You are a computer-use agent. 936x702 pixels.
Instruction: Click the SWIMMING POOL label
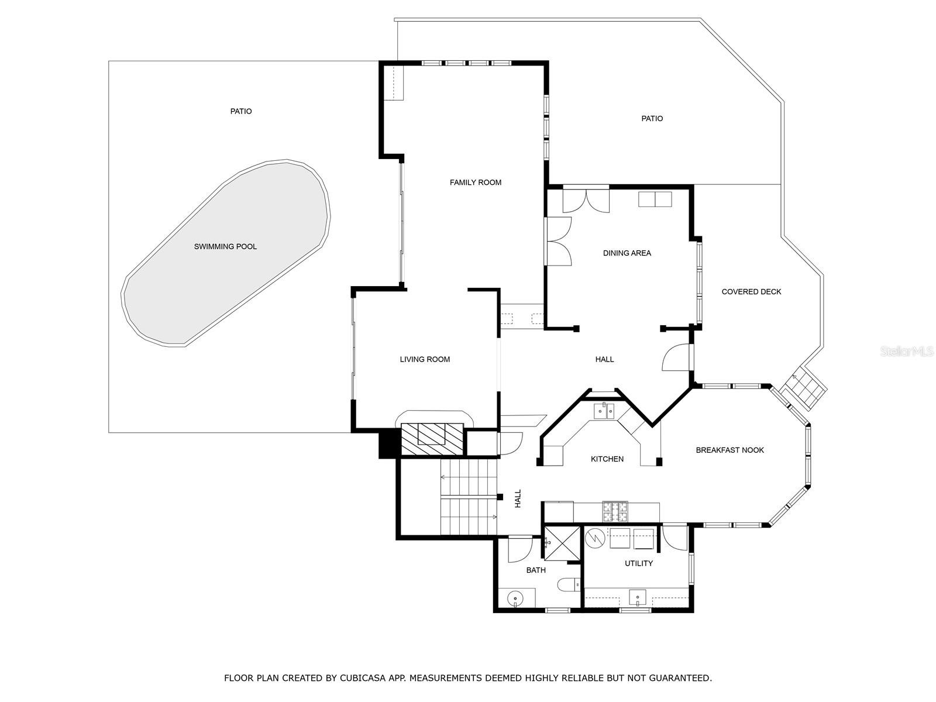click(225, 246)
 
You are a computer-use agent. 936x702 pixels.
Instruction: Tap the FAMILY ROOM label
click(476, 183)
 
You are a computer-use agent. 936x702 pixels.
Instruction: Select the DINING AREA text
click(627, 253)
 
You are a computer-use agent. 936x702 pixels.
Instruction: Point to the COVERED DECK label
click(751, 291)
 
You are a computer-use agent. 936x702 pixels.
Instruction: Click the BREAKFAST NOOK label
click(729, 450)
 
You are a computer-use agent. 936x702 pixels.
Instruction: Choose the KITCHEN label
click(607, 459)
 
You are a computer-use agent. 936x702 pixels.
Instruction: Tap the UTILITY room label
click(639, 563)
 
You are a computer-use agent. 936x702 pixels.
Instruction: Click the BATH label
click(536, 570)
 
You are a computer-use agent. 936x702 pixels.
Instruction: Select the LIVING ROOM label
click(425, 359)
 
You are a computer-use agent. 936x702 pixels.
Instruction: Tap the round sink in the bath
click(515, 598)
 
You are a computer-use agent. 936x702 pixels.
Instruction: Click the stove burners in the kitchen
click(614, 511)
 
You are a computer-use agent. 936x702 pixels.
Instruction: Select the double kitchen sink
click(604, 411)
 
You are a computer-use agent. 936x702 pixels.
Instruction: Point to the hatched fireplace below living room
click(432, 439)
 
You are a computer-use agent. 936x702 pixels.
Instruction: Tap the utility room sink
click(638, 597)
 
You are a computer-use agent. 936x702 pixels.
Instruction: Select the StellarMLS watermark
click(907, 351)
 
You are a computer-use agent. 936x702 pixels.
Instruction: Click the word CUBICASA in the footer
click(363, 677)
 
